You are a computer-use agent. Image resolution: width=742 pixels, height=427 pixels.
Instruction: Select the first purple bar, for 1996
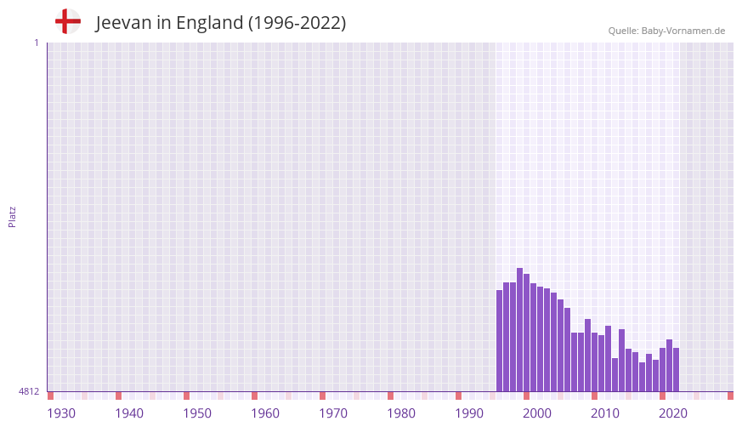tap(500, 340)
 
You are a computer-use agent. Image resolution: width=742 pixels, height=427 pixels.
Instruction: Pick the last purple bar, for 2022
tap(677, 369)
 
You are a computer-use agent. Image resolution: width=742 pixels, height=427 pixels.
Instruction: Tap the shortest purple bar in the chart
tap(643, 377)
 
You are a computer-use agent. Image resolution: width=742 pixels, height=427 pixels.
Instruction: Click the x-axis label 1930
tap(61, 413)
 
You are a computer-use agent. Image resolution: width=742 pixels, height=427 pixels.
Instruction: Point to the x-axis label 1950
tap(197, 413)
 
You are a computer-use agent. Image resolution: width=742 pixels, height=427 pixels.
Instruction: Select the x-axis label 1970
tap(333, 413)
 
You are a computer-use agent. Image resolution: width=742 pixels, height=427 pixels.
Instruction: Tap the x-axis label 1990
tap(469, 413)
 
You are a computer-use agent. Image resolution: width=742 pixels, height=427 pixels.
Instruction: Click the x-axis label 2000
tap(537, 413)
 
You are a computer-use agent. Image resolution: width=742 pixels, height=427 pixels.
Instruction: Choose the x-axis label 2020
tap(673, 413)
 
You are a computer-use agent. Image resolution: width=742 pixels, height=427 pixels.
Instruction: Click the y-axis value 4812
tap(29, 392)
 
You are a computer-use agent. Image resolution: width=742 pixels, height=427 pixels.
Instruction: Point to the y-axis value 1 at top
tap(36, 43)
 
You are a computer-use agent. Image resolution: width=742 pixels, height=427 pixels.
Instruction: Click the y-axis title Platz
tap(12, 216)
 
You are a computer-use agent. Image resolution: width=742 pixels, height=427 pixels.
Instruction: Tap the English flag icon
tap(67, 21)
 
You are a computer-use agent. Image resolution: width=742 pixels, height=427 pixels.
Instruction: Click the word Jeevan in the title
tap(122, 23)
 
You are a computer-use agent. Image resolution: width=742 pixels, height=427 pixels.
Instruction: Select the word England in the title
tap(210, 23)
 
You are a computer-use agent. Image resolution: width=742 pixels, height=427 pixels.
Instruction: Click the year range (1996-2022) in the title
tap(297, 23)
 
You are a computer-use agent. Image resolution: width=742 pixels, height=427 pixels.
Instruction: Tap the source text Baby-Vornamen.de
tap(683, 31)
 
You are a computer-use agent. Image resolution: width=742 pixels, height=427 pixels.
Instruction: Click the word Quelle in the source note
tap(622, 31)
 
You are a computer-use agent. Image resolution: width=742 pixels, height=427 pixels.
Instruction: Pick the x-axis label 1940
tap(129, 413)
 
